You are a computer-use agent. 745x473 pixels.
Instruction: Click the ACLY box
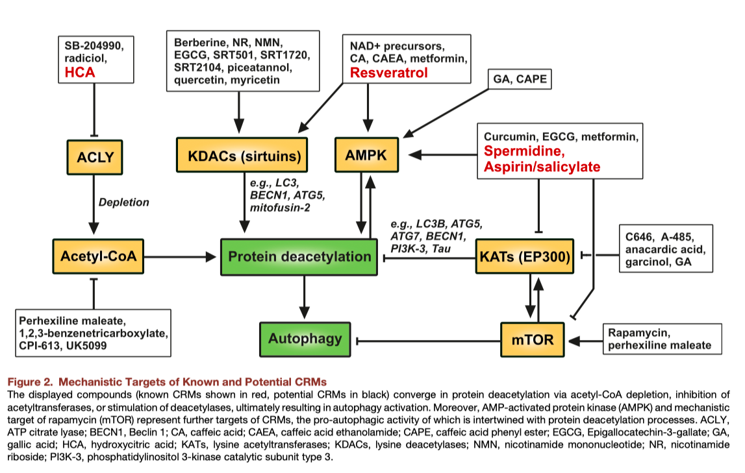pyautogui.click(x=95, y=157)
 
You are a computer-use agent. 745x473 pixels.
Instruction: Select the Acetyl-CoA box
pyautogui.click(x=98, y=256)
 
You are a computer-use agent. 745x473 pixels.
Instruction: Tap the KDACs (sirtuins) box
pyautogui.click(x=242, y=154)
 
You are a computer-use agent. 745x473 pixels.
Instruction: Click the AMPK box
pyautogui.click(x=366, y=154)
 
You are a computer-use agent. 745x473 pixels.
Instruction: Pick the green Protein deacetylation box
pyautogui.click(x=299, y=257)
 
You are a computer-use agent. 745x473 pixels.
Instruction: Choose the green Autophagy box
pyautogui.click(x=305, y=339)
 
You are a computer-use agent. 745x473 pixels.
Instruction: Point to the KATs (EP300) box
pyautogui.click(x=525, y=256)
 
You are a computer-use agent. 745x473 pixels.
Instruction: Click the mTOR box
pyautogui.click(x=533, y=340)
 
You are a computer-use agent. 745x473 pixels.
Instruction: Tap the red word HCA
pyautogui.click(x=80, y=73)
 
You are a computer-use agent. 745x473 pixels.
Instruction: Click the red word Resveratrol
pyautogui.click(x=388, y=73)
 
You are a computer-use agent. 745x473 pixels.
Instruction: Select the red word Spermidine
pyautogui.click(x=524, y=151)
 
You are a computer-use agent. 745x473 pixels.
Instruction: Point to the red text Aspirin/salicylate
pyautogui.click(x=542, y=167)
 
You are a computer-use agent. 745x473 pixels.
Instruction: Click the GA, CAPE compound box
pyautogui.click(x=520, y=79)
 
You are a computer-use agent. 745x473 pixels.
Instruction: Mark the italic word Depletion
pyautogui.click(x=123, y=202)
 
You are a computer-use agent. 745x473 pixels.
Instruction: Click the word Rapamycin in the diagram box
pyautogui.click(x=639, y=333)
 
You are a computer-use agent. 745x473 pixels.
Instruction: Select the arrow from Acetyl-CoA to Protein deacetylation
pyautogui.click(x=180, y=257)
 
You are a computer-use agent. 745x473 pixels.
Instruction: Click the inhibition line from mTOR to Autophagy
pyautogui.click(x=427, y=341)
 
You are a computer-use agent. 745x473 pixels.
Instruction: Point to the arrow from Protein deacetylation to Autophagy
pyautogui.click(x=305, y=297)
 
